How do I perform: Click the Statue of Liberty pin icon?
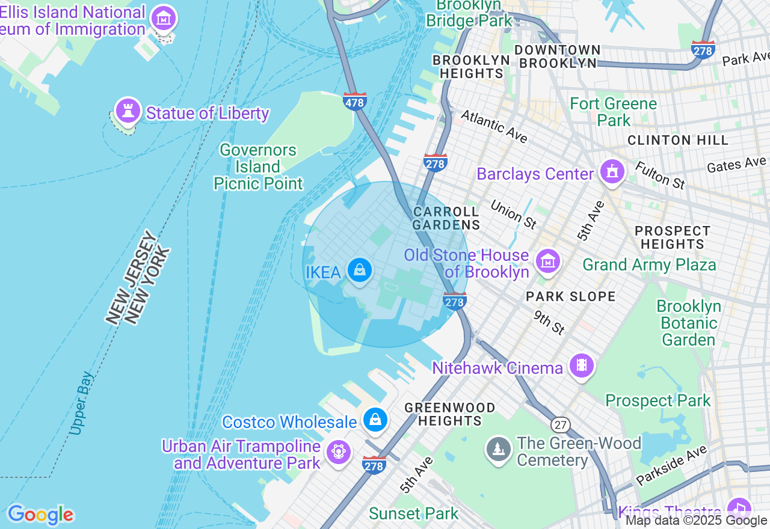point(128,111)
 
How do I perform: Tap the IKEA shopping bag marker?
point(359,271)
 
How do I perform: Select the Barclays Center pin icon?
point(612,172)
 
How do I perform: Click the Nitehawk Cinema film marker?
point(581,365)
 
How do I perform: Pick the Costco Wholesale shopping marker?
point(375,420)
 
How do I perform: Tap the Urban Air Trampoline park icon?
point(339,451)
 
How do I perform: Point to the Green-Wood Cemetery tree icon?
point(499,449)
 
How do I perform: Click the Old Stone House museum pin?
point(548,261)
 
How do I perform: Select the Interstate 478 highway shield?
point(354,102)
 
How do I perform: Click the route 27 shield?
point(560,425)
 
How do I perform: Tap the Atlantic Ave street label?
point(494,126)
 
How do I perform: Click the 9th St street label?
point(549,323)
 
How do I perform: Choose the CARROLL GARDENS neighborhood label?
point(446,218)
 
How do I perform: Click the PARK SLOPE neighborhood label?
point(570,296)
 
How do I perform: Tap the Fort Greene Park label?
point(614,112)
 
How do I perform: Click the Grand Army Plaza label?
point(649,264)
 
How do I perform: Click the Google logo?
point(40,515)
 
